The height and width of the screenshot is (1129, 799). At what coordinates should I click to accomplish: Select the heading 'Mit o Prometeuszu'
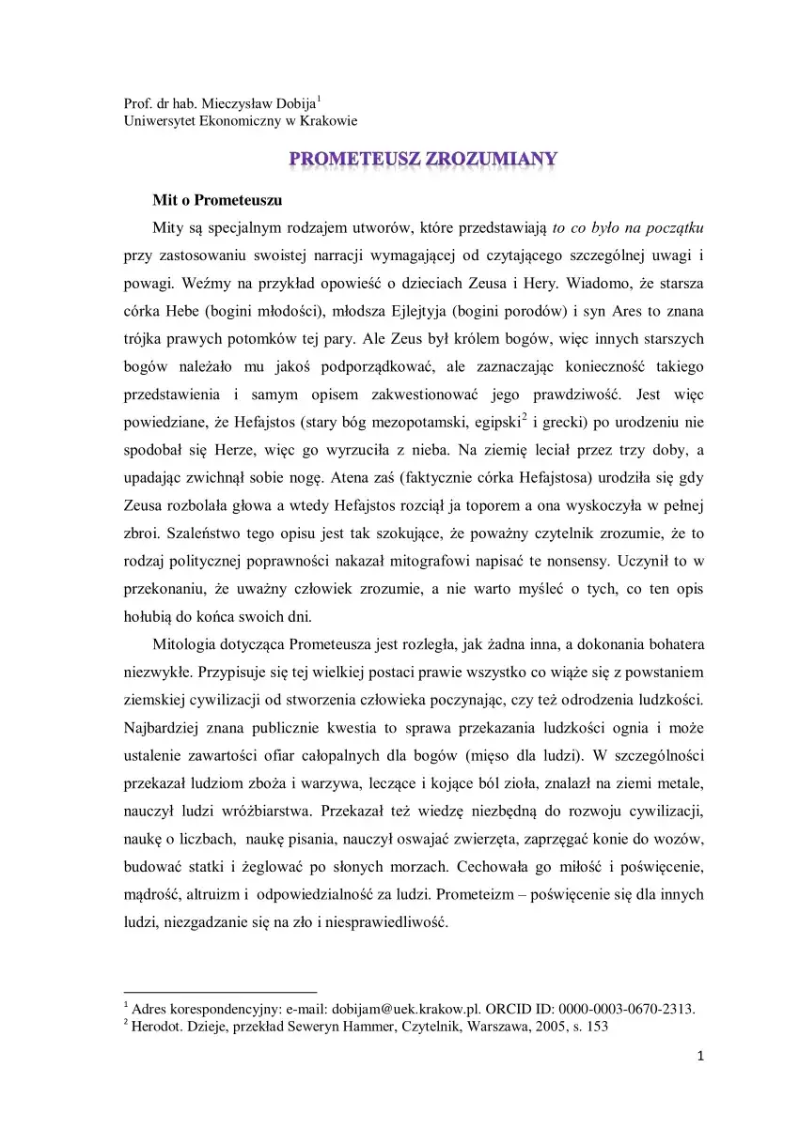click(217, 200)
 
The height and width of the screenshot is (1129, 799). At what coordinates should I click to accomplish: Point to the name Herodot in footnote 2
click(161, 1027)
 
